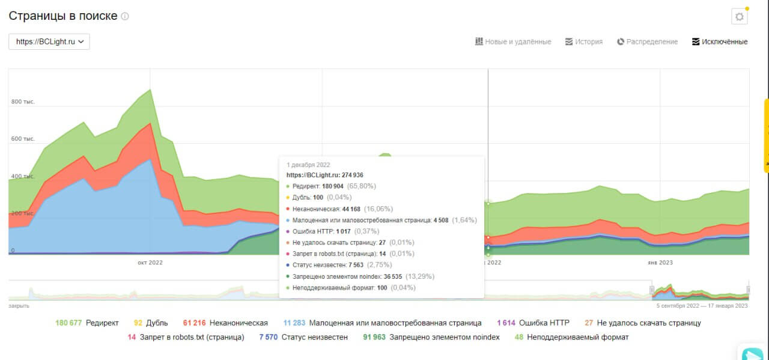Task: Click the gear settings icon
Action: [x=739, y=17]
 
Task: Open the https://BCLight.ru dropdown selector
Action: [x=49, y=41]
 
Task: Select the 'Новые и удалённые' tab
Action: [x=512, y=41]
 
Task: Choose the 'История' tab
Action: [x=583, y=41]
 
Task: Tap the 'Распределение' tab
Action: [x=647, y=41]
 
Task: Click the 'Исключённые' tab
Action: [x=720, y=41]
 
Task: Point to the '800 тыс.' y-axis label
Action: [x=23, y=102]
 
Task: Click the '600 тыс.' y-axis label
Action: [x=23, y=139]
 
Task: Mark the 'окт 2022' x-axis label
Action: [x=150, y=262]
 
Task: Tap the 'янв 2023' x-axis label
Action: [x=660, y=262]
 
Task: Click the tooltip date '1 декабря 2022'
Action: [x=308, y=165]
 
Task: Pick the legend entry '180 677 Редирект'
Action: [x=87, y=323]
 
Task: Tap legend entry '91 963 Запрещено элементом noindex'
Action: [x=431, y=337]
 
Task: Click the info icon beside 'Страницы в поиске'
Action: [x=125, y=17]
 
